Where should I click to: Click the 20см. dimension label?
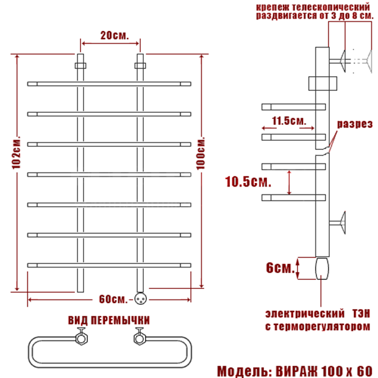pos(115,35)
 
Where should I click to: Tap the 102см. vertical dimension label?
pos(16,152)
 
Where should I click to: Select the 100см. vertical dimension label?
pos(201,153)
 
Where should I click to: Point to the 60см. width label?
pos(113,299)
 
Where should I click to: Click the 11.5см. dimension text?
pos(289,121)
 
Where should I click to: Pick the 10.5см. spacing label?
pos(248,182)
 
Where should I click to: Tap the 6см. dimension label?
pos(280,268)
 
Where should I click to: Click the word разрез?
pos(355,124)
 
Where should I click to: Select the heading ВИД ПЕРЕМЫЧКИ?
pos(109,320)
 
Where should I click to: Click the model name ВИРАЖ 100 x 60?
pos(324,371)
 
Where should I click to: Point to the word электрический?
pos(305,313)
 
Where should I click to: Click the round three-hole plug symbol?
pos(140,299)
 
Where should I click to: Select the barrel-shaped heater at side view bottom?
pos(322,268)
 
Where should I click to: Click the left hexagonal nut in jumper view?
pos(82,338)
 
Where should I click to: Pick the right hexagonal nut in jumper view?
pos(140,338)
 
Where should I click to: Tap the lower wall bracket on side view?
pos(338,223)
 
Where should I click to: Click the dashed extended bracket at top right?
pos(362,61)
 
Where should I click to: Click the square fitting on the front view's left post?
pos(80,66)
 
